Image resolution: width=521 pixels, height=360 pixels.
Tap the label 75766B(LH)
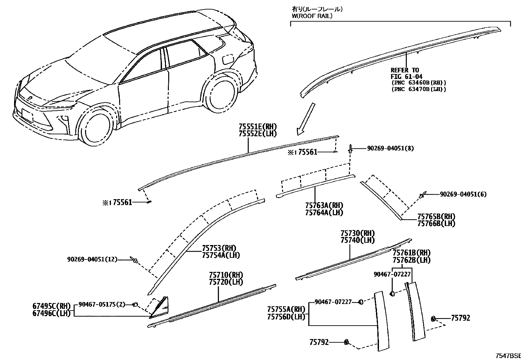pyautogui.click(x=436, y=224)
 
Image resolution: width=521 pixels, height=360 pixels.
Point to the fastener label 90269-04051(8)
pyautogui.click(x=390, y=148)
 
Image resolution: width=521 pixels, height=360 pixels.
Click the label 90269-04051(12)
pyautogui.click(x=92, y=259)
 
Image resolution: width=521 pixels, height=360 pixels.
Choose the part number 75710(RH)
pyautogui.click(x=226, y=275)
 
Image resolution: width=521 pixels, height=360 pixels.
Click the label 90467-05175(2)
pyautogui.click(x=102, y=304)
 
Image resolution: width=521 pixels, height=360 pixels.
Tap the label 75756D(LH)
pyautogui.click(x=286, y=317)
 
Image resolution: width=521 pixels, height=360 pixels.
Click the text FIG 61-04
pyautogui.click(x=404, y=77)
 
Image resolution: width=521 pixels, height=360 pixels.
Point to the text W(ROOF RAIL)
pyautogui.click(x=312, y=16)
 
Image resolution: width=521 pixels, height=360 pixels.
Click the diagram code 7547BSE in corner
pyautogui.click(x=508, y=356)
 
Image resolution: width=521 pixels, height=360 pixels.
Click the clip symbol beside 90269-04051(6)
pyautogui.click(x=422, y=196)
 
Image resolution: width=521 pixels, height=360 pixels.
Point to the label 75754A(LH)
pyautogui.click(x=221, y=256)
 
